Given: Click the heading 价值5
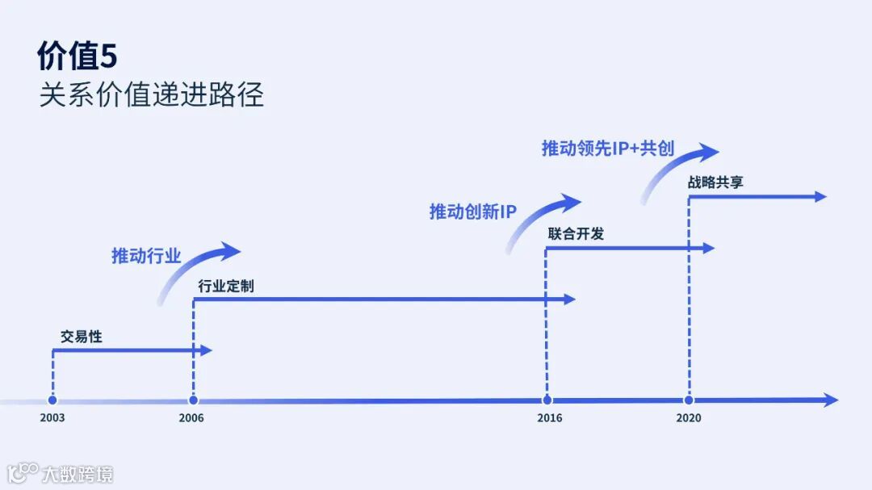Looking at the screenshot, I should tap(78, 57).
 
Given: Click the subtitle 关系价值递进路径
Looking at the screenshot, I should tap(152, 95).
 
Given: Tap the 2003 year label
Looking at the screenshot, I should tap(52, 418).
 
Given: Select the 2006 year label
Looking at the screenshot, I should tap(192, 418).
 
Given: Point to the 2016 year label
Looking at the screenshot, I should tap(549, 418).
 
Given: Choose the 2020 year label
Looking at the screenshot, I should tap(689, 418).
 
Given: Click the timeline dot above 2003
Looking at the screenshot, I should tap(52, 400).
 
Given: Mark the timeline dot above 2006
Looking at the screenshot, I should tap(193, 400).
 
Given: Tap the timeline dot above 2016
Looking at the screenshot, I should tap(547, 400).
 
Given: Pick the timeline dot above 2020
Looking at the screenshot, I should tap(689, 400).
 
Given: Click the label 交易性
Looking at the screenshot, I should tap(82, 337).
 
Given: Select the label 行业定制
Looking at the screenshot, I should tap(226, 286).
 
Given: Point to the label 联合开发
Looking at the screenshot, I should tap(576, 234).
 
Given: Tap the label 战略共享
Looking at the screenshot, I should tap(715, 182).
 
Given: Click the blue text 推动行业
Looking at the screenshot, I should tap(146, 257).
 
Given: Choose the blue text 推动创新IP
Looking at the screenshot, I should tap(472, 212).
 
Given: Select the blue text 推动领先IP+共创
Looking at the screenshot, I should tap(607, 149).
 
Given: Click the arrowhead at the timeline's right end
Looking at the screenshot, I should tap(831, 400).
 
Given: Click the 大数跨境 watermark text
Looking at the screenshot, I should tap(78, 474).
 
